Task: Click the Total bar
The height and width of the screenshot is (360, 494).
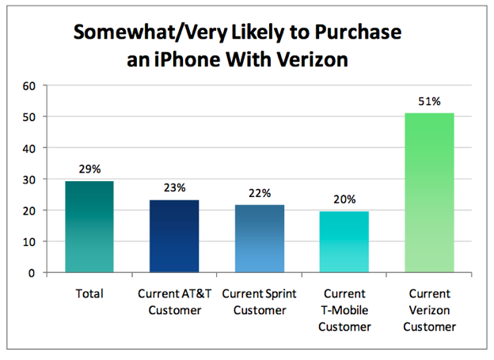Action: tap(89, 227)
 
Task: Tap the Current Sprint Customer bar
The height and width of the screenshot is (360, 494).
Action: tap(260, 238)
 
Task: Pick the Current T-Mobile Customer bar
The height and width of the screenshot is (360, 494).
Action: tap(344, 241)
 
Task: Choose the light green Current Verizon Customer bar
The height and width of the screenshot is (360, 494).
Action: tap(429, 193)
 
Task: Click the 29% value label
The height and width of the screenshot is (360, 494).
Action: tap(89, 170)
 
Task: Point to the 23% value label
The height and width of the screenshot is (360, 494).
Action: tap(175, 188)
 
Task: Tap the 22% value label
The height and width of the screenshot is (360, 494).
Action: tap(260, 193)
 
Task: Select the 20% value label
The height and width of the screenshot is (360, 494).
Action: tap(344, 199)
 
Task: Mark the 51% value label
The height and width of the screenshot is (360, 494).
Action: tap(429, 102)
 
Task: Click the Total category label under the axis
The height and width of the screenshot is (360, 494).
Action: tap(89, 294)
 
